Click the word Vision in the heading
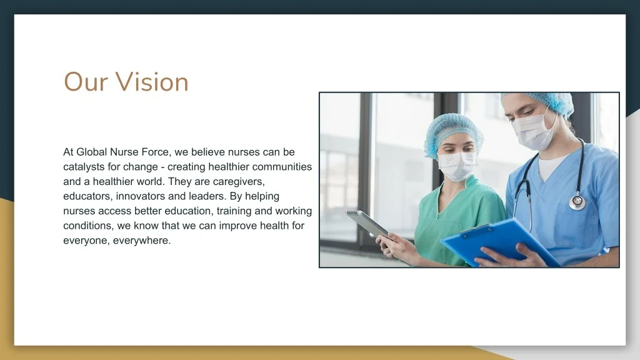click(x=152, y=82)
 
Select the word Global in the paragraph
click(x=91, y=152)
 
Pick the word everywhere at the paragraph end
click(x=142, y=241)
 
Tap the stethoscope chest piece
click(x=577, y=202)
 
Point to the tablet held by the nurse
click(x=366, y=223)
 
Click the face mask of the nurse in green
click(x=456, y=166)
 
